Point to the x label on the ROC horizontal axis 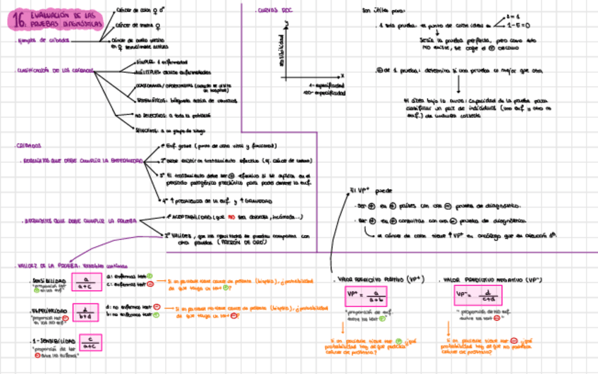coord(342,75)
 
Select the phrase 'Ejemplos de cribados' coord(44,40)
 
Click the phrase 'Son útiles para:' coord(379,11)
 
